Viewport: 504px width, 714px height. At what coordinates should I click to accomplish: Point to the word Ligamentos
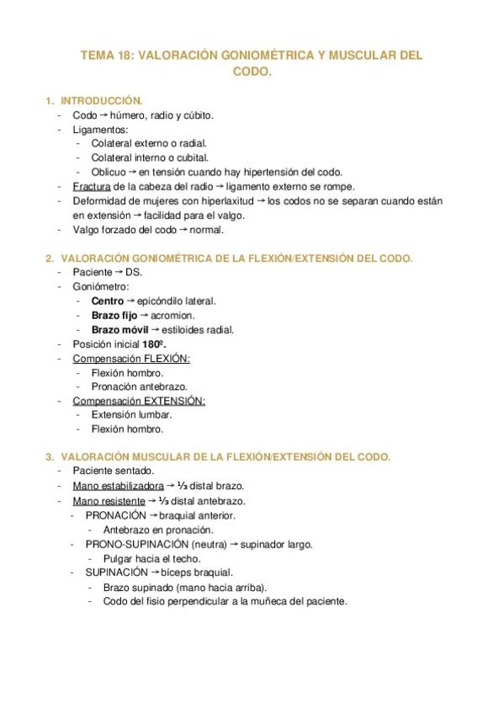pos(100,130)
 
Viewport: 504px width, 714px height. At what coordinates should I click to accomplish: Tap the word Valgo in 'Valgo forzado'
pos(87,229)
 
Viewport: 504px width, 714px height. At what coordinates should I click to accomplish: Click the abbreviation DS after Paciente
pos(134,272)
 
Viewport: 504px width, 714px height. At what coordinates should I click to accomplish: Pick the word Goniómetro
pos(101,286)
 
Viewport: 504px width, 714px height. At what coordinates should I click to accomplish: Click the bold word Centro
pos(108,301)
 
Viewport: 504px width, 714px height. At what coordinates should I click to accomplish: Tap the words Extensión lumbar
pos(130,414)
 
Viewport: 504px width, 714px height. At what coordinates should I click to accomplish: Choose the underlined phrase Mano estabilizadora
pos(115,486)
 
